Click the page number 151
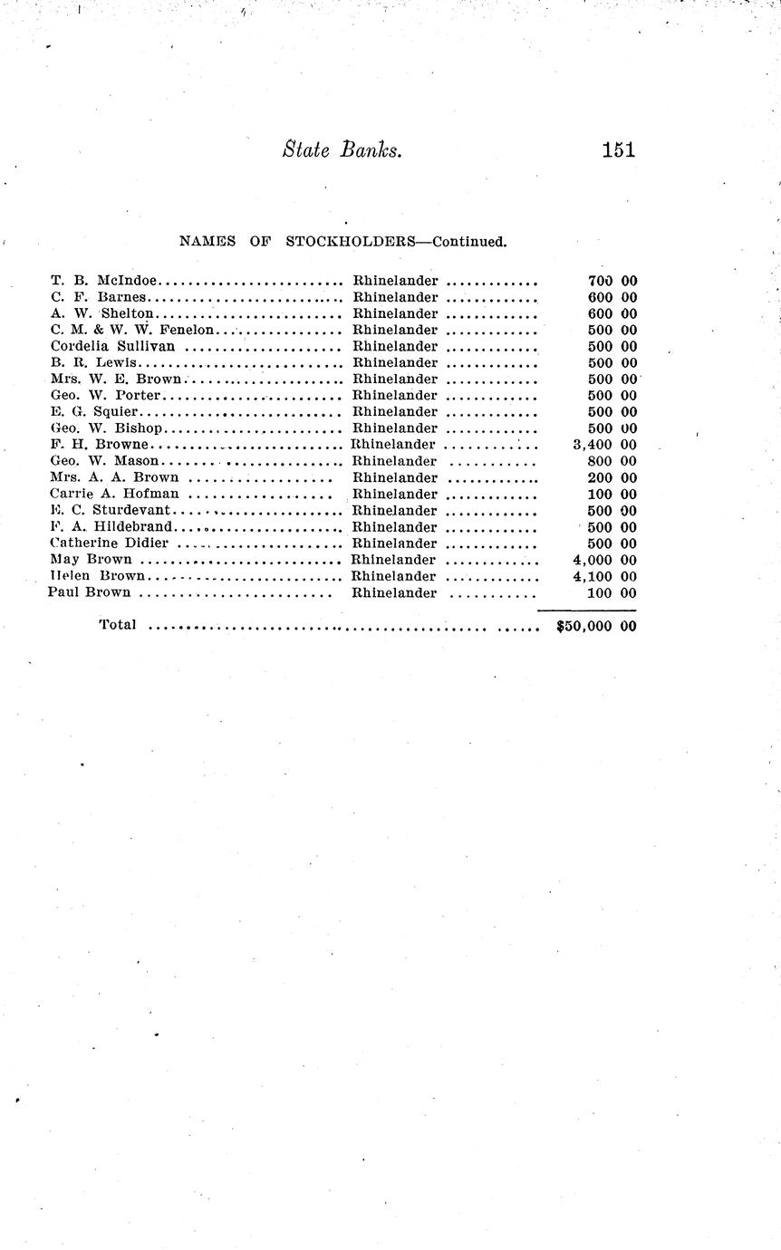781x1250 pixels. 618,150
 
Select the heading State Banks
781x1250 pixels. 342,150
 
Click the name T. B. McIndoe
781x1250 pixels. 105,281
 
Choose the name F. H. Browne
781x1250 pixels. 101,445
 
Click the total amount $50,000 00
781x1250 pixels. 596,625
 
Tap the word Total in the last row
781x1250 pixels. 118,624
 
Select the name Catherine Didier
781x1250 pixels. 110,543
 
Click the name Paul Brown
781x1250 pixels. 89,592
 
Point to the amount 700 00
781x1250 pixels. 612,281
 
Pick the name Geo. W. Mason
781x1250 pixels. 105,461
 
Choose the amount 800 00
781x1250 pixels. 612,461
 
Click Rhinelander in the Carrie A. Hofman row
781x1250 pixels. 395,494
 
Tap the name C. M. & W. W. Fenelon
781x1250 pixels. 132,330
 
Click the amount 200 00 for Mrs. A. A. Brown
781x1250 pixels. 612,477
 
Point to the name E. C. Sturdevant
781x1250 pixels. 111,511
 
